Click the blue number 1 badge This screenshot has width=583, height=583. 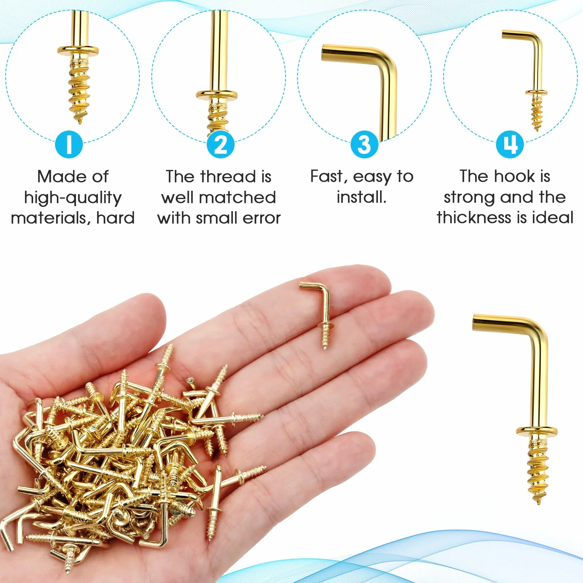coord(69,145)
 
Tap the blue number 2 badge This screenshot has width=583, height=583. coord(220,145)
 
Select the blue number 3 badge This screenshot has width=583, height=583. coord(364,145)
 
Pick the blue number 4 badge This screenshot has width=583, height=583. coord(510,145)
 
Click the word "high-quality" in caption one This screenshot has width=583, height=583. coord(73,198)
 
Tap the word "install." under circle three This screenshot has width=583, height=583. coord(361,197)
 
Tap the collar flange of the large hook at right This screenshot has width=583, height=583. coord(537,431)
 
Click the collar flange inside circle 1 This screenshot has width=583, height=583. coord(78,50)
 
